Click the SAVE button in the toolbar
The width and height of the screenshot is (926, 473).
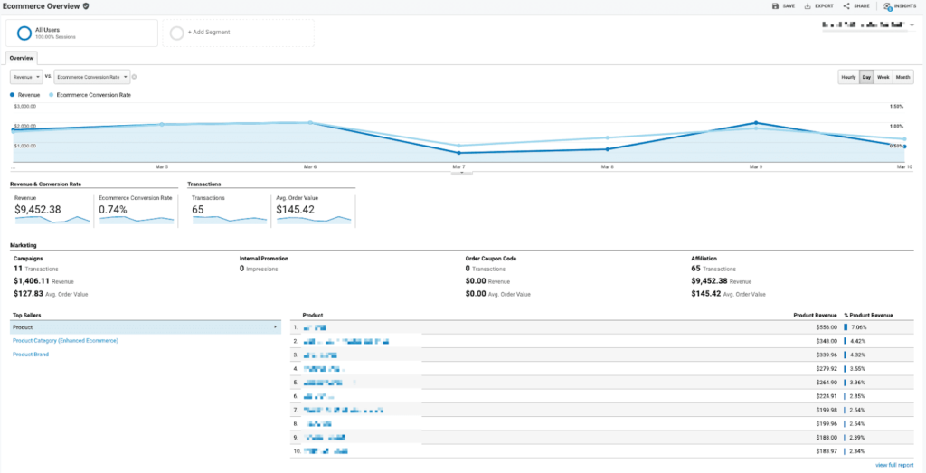click(x=783, y=6)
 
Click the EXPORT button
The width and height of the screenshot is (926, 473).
click(x=819, y=6)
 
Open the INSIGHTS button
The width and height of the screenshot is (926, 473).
click(x=900, y=6)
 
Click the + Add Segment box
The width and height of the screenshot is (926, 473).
click(x=241, y=33)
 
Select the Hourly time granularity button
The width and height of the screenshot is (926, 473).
click(x=848, y=77)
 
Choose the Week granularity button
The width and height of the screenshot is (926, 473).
click(x=883, y=77)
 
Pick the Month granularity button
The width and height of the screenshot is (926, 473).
click(x=903, y=77)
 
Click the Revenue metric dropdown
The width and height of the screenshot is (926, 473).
click(x=26, y=77)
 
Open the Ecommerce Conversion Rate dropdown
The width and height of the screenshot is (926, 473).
click(x=92, y=77)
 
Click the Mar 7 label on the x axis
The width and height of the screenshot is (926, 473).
click(x=458, y=167)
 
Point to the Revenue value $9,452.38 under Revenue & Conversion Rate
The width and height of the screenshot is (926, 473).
click(x=38, y=209)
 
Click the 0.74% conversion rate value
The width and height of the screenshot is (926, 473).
click(x=113, y=209)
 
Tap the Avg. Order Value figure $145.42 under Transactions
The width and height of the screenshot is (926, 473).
click(x=297, y=209)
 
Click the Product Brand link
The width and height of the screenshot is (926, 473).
click(x=31, y=355)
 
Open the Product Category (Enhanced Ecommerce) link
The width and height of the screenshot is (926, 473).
click(x=65, y=340)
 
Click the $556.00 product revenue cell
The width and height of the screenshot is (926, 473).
click(x=827, y=326)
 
